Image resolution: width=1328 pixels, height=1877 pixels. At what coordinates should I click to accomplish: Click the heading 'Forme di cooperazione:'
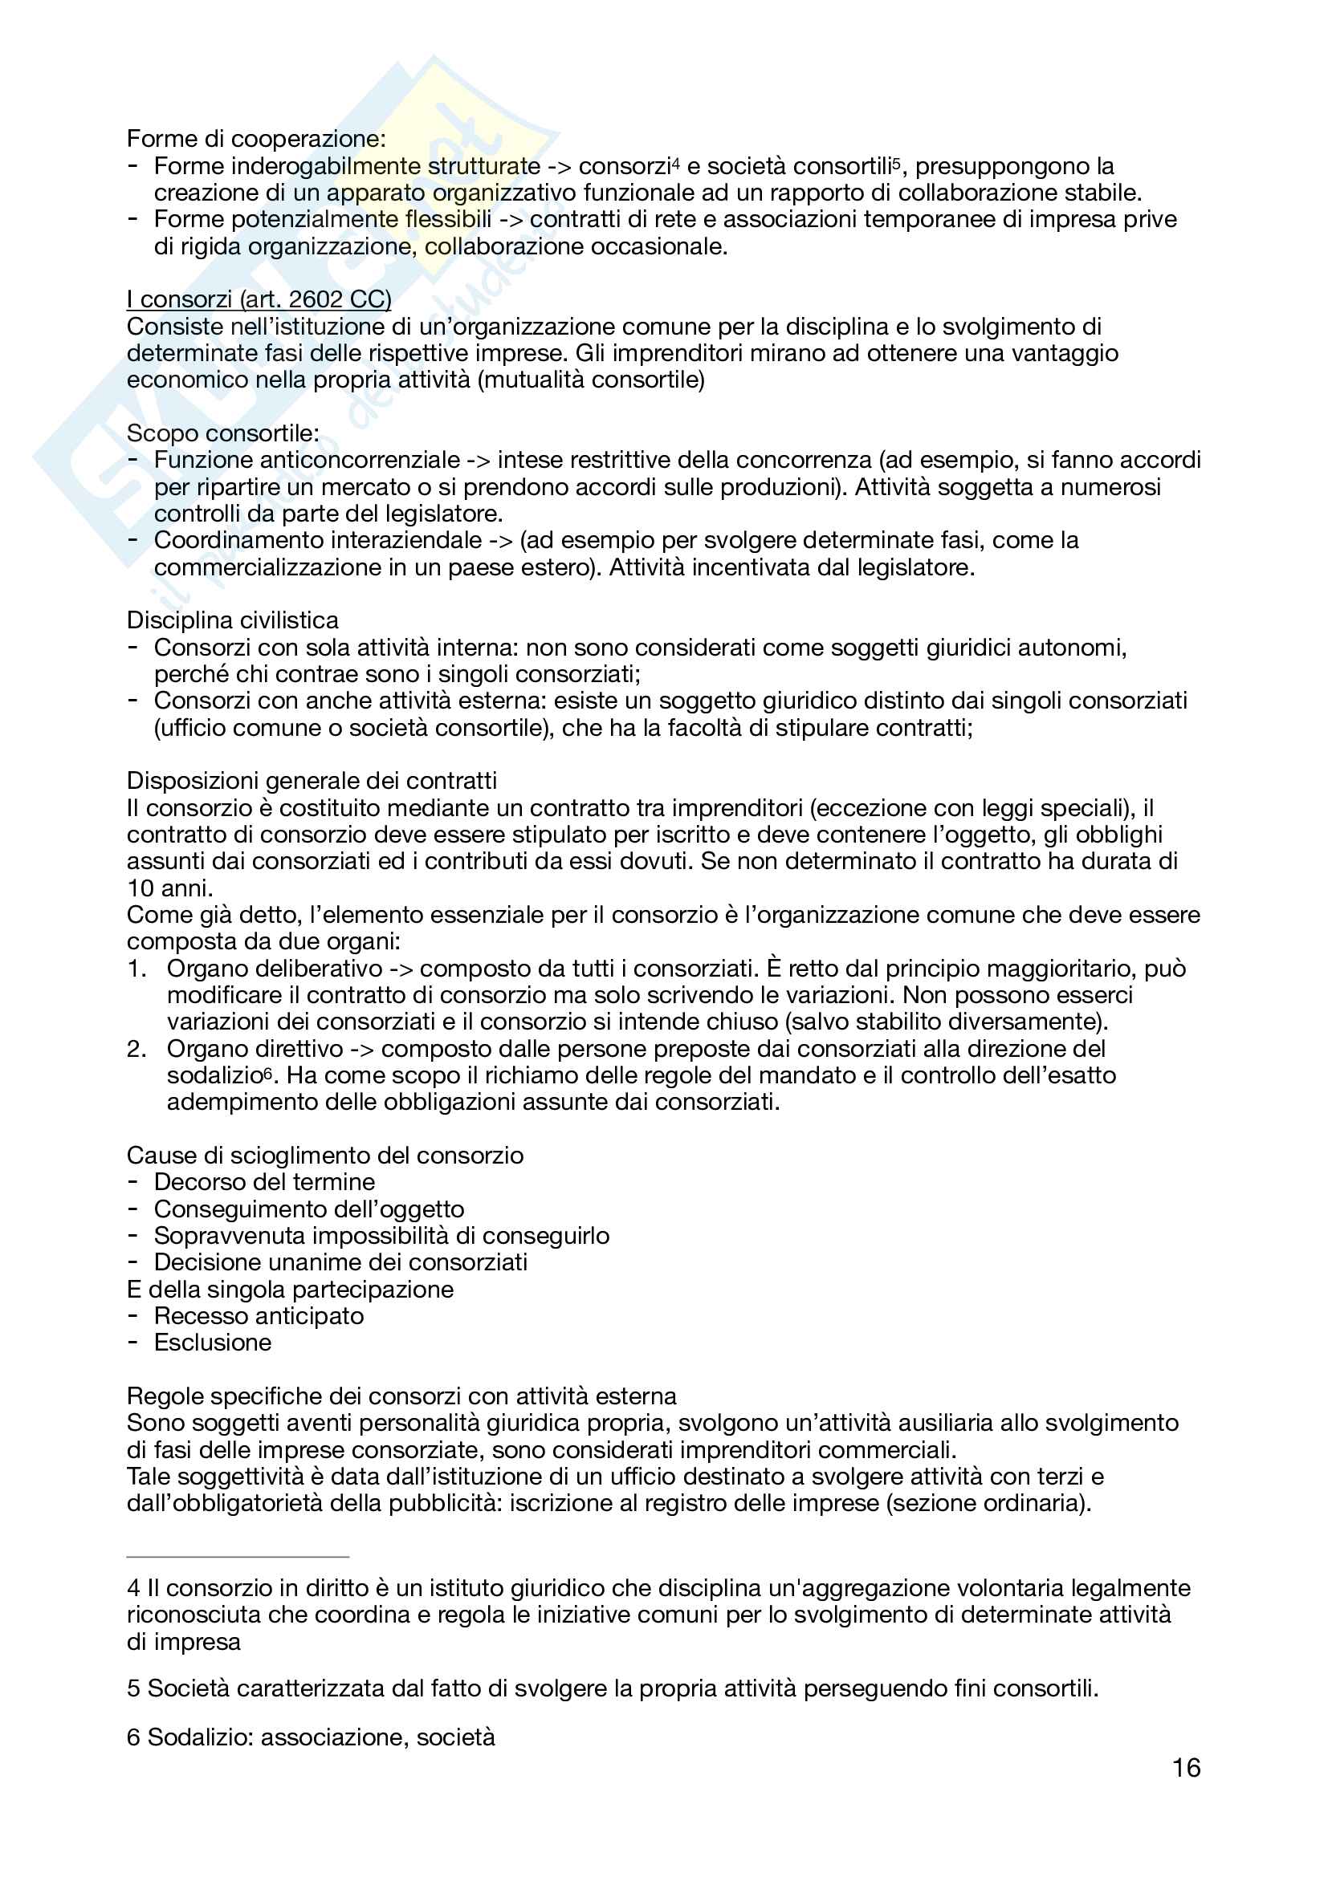(256, 139)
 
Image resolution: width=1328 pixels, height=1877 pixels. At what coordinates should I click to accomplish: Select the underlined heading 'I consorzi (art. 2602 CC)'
(259, 299)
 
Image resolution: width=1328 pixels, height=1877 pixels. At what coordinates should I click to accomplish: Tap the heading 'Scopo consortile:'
(222, 433)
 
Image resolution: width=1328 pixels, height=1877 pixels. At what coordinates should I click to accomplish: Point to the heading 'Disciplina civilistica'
(232, 620)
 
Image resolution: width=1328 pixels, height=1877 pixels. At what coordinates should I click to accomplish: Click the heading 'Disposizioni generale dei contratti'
(312, 781)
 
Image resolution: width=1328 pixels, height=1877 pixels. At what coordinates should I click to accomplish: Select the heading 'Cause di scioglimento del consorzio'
(324, 1155)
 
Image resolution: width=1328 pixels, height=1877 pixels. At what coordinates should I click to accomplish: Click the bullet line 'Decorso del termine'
(264, 1182)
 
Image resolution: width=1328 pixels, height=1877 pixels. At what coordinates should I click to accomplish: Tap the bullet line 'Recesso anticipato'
(259, 1316)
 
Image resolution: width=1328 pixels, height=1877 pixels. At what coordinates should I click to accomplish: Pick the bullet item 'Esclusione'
(213, 1343)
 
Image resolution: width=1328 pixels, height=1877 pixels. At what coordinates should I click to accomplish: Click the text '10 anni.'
(170, 888)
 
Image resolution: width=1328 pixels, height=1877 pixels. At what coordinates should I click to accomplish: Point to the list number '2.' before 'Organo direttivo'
(136, 1049)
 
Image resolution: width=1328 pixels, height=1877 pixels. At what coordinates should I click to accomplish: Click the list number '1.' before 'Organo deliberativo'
(136, 969)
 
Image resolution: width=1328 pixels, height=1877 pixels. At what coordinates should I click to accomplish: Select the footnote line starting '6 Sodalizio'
(311, 1737)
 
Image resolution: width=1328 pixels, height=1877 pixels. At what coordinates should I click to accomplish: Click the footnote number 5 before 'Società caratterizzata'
(133, 1688)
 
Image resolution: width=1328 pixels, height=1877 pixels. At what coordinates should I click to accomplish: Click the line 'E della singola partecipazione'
(290, 1290)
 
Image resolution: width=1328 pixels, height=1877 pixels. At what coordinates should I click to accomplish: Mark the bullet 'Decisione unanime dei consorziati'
(340, 1262)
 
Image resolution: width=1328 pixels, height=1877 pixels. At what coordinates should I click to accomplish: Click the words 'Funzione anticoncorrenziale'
(307, 461)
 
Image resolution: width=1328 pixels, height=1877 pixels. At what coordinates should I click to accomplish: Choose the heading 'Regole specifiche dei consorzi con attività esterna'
(401, 1396)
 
